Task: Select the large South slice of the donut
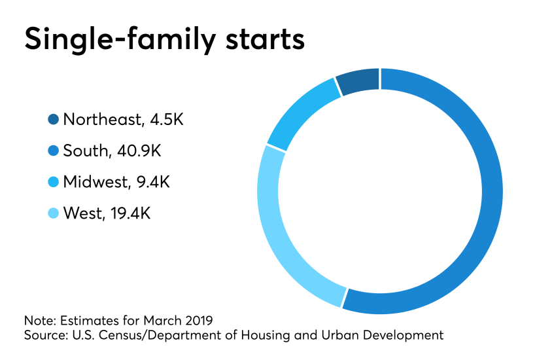[x=492, y=192]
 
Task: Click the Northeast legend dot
[x=53, y=119]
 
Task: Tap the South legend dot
[x=53, y=151]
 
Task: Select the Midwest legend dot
[x=53, y=182]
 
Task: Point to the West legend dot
[x=53, y=213]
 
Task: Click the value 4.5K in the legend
[x=167, y=119]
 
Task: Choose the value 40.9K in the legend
[x=139, y=151]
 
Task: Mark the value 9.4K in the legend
[x=153, y=182]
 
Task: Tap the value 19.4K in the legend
[x=131, y=213]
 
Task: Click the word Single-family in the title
[x=120, y=39]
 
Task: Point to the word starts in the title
[x=265, y=39]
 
